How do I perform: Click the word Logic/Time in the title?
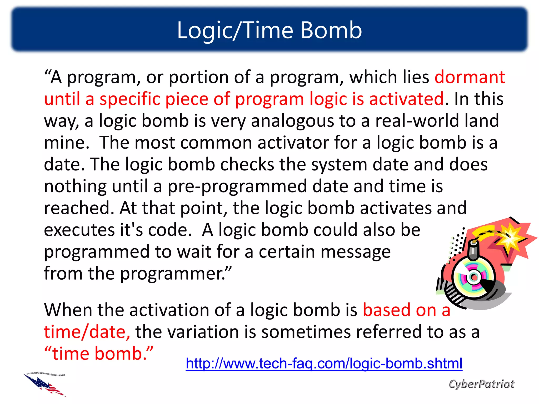(235, 31)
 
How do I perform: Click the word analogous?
(292, 121)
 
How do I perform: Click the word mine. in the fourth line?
(67, 143)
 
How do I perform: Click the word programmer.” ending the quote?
(176, 274)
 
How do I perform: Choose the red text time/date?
(87, 332)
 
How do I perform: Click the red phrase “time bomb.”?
(99, 354)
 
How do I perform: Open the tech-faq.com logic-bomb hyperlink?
(324, 363)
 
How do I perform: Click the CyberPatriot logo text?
(481, 384)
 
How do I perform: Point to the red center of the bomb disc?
(474, 277)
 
